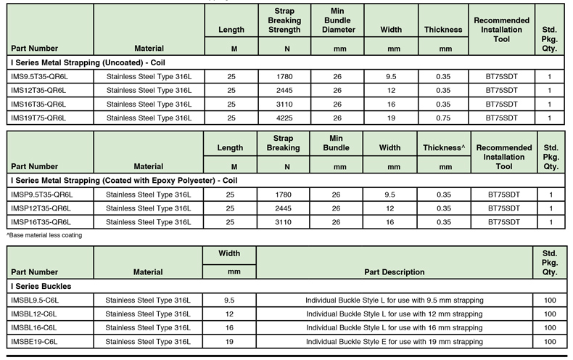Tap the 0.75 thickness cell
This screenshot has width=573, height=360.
(443, 117)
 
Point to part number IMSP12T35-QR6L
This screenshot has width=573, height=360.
(42, 208)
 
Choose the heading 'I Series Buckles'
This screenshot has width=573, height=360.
(41, 286)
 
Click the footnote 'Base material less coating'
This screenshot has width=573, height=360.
(44, 235)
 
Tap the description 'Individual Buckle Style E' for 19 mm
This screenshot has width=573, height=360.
(394, 341)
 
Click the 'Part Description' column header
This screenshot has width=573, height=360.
(395, 272)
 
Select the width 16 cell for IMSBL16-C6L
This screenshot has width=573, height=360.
(230, 327)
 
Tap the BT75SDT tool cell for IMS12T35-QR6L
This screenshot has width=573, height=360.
(503, 89)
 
